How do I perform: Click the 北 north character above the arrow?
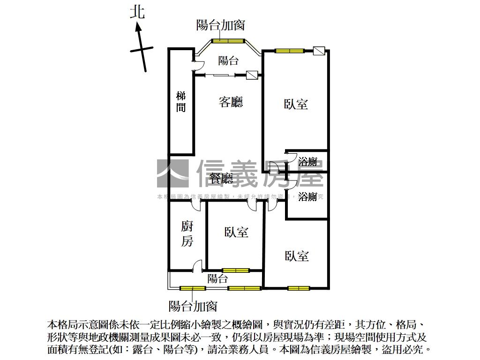click(138, 11)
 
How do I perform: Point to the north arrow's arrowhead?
click(139, 27)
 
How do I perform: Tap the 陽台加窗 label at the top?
click(220, 24)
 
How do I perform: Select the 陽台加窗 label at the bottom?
click(193, 306)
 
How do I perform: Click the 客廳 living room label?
click(231, 102)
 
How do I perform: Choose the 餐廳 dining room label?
click(221, 178)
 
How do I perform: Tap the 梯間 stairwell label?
click(181, 102)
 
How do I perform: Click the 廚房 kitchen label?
click(187, 234)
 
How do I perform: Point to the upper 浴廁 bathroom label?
click(308, 162)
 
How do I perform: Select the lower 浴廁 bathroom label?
click(308, 196)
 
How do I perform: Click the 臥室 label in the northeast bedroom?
click(296, 104)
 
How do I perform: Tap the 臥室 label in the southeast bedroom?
click(297, 256)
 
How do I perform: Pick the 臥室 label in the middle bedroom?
click(236, 232)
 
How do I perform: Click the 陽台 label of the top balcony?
click(229, 60)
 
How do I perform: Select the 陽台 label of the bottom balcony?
click(217, 279)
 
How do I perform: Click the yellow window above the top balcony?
click(228, 41)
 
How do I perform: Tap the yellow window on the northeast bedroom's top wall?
click(289, 51)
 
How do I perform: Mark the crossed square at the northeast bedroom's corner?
click(319, 51)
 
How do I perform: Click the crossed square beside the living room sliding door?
click(252, 75)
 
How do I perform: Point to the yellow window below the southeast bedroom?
click(299, 288)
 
